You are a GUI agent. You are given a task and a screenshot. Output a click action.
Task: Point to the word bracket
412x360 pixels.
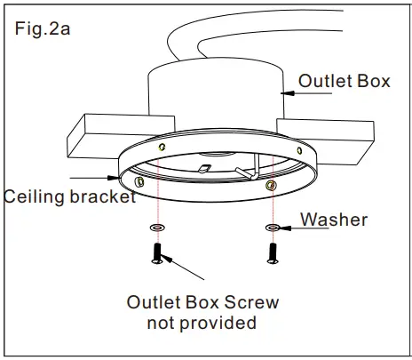[103, 196]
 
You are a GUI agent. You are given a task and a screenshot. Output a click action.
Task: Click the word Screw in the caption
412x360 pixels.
[254, 302]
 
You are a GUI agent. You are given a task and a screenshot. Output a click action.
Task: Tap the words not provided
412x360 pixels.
[202, 323]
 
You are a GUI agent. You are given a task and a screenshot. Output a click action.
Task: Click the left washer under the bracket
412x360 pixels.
[157, 228]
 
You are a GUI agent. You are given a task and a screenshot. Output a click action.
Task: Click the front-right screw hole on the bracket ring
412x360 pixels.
[270, 184]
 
